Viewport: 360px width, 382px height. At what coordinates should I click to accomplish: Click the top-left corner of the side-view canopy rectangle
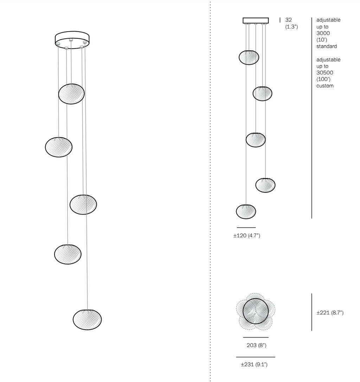243,18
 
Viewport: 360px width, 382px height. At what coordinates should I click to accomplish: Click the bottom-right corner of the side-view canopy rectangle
268,23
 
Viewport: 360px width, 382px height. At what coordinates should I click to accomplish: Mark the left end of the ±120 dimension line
237,228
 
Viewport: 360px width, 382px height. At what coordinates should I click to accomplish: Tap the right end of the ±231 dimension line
275,357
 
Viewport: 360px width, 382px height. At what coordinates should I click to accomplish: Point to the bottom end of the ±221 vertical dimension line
312,331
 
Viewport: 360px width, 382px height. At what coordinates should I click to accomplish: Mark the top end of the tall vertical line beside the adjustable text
312,18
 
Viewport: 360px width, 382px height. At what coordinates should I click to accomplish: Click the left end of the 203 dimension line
243,337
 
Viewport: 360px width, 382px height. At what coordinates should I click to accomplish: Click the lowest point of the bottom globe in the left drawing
87,330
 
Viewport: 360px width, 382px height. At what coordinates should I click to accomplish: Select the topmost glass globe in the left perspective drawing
71,94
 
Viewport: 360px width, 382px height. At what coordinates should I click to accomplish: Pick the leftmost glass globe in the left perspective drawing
59,147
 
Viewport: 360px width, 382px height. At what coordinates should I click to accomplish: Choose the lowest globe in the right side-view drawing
246,212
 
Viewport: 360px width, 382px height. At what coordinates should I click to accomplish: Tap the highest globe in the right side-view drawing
249,57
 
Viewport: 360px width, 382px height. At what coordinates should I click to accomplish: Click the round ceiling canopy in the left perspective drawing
72,39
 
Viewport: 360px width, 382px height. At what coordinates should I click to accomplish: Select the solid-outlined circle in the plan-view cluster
256,311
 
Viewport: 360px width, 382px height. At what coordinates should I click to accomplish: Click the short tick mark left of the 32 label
280,20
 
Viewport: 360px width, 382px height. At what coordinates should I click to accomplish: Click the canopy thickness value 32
288,20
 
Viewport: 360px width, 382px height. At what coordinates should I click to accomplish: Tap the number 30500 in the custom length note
325,72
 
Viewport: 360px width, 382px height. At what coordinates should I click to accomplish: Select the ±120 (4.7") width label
247,236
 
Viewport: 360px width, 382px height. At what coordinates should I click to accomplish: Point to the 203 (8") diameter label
257,345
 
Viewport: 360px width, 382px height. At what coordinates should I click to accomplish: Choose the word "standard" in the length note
327,46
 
